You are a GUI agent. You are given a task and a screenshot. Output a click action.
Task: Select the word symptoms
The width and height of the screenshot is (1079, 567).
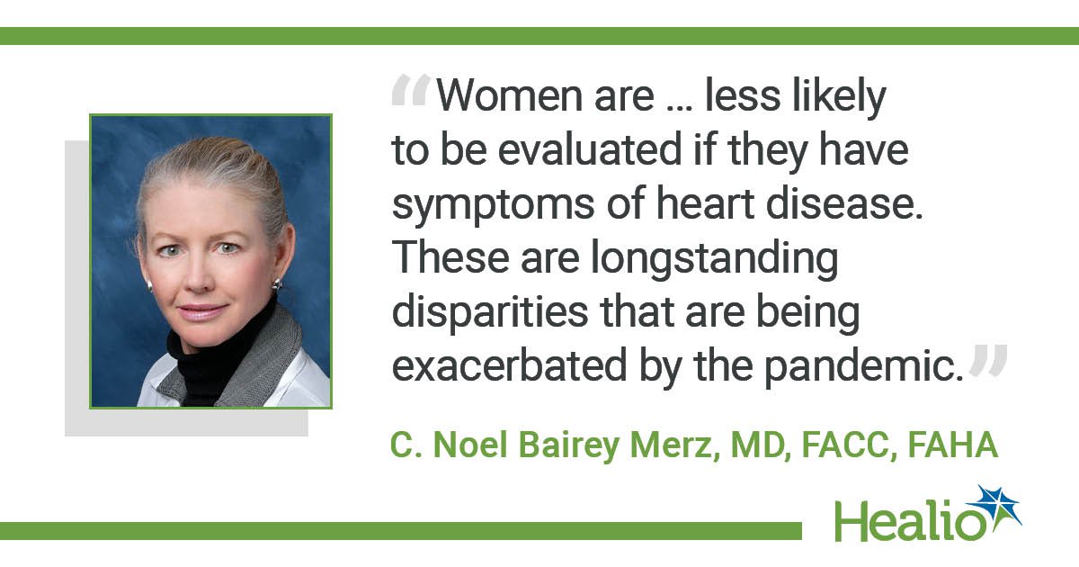[x=494, y=206]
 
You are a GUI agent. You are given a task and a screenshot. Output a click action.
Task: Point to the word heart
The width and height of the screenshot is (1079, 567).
[x=706, y=203]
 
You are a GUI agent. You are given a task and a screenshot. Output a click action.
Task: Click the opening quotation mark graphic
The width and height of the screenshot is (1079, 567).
[x=411, y=89]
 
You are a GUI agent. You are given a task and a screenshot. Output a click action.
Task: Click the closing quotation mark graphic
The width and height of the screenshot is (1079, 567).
[x=988, y=360]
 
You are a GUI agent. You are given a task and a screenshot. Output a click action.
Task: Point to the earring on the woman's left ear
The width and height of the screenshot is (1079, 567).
[x=278, y=284]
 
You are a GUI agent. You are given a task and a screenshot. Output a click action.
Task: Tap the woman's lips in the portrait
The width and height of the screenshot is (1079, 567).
[x=202, y=311]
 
